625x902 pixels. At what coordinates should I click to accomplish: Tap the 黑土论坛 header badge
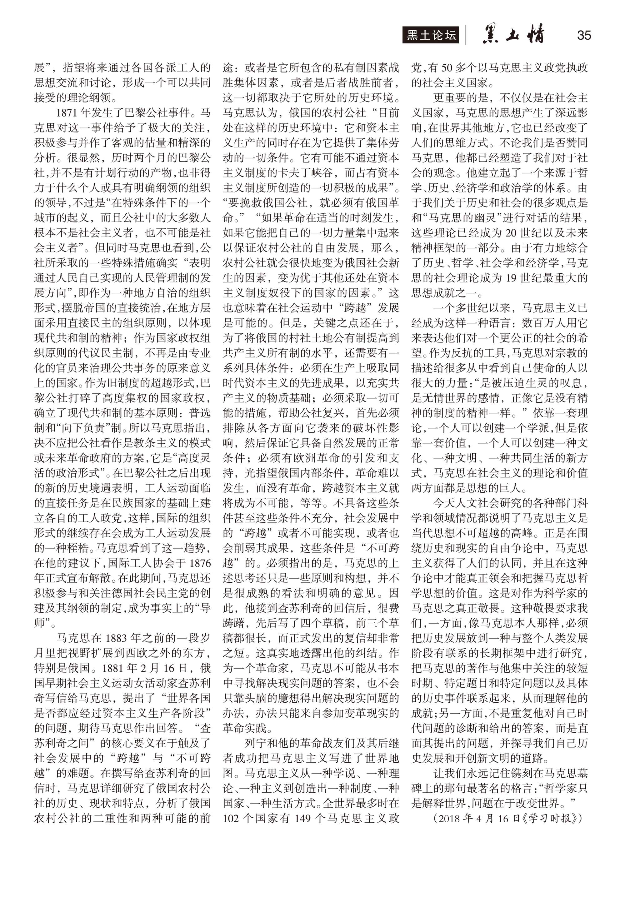(431, 36)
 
